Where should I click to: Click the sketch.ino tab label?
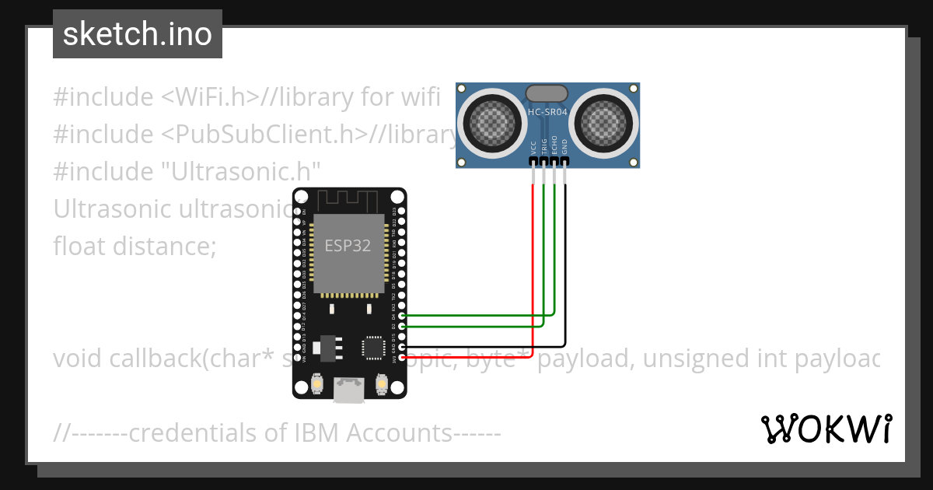coord(138,34)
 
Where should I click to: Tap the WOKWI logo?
coord(826,429)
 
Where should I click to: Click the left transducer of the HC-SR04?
coord(492,121)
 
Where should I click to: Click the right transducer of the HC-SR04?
coord(605,121)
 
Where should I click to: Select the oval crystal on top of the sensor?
coord(547,94)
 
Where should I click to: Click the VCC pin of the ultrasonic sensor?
coord(533,161)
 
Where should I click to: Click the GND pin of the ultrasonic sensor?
coord(565,161)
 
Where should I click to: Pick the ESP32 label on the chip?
coord(348,246)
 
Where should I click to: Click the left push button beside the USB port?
coord(316,383)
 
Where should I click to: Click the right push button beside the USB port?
coord(382,383)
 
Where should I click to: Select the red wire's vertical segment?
coord(533,264)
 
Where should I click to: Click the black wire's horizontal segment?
coord(482,346)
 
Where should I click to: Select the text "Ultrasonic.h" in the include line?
coord(245,172)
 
